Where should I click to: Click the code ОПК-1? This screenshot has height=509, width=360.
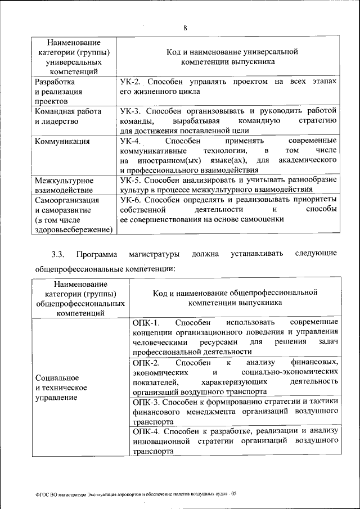pyautogui.click(x=146, y=323)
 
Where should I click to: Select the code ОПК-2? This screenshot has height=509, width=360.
pyautogui.click(x=146, y=362)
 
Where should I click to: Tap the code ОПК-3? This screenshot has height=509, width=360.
pyautogui.click(x=146, y=402)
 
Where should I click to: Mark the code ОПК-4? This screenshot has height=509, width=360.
pyautogui.click(x=146, y=431)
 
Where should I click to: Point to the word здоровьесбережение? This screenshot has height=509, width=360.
pyautogui.click(x=73, y=229)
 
